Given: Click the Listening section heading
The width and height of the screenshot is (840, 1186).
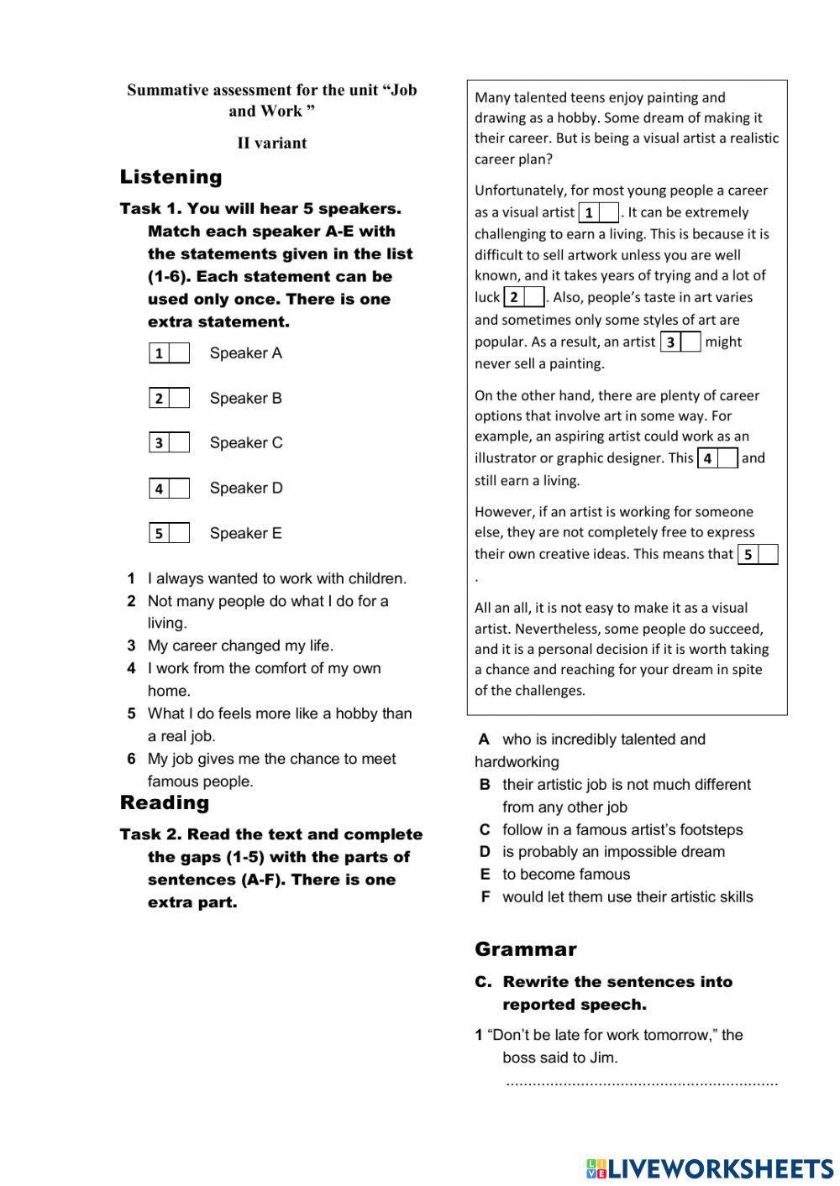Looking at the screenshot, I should (171, 177).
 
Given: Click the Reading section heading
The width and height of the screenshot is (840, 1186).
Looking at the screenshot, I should (164, 803).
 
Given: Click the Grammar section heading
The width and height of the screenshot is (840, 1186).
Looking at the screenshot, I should (525, 949).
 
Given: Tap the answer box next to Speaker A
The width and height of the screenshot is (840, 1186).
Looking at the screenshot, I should (178, 353).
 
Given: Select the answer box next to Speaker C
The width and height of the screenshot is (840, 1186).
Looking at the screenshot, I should (178, 443).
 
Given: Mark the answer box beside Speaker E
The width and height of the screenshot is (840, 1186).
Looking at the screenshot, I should (178, 533).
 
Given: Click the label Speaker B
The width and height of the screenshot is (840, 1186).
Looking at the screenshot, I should (245, 399).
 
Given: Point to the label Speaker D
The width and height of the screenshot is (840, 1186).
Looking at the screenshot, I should (245, 489).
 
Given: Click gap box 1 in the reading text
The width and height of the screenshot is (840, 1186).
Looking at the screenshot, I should (608, 213).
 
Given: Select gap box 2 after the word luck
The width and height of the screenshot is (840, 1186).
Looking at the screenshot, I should (533, 297).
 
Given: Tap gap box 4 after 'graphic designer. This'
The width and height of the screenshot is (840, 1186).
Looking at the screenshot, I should (727, 459).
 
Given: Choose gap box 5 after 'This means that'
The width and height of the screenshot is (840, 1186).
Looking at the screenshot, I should (766, 555).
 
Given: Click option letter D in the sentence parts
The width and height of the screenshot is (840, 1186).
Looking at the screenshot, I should (485, 852).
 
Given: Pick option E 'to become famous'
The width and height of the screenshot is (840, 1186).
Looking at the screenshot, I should (565, 875).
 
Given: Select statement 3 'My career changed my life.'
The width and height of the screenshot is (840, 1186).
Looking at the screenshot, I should (239, 645).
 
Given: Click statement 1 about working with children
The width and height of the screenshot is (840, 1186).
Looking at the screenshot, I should (276, 578).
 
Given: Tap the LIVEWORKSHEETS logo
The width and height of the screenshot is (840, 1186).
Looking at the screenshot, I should (709, 1168).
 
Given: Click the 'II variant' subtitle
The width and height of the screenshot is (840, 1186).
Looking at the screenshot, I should (271, 143).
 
